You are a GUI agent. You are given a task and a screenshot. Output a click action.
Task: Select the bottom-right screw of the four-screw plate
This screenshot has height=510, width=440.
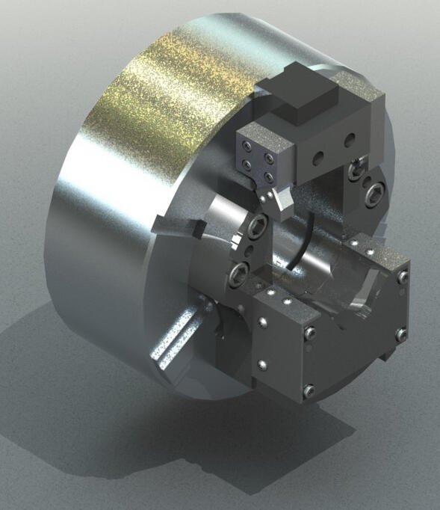(267, 179)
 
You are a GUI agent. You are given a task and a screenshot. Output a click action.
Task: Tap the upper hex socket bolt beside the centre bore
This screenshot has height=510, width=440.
(260, 225)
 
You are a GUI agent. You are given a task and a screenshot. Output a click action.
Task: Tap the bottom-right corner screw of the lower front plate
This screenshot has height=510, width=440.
(308, 389)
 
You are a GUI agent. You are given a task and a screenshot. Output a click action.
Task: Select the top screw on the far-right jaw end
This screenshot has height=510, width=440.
(403, 277)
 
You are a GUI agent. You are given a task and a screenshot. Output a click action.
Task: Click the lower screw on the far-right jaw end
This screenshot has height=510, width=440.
(401, 334)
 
